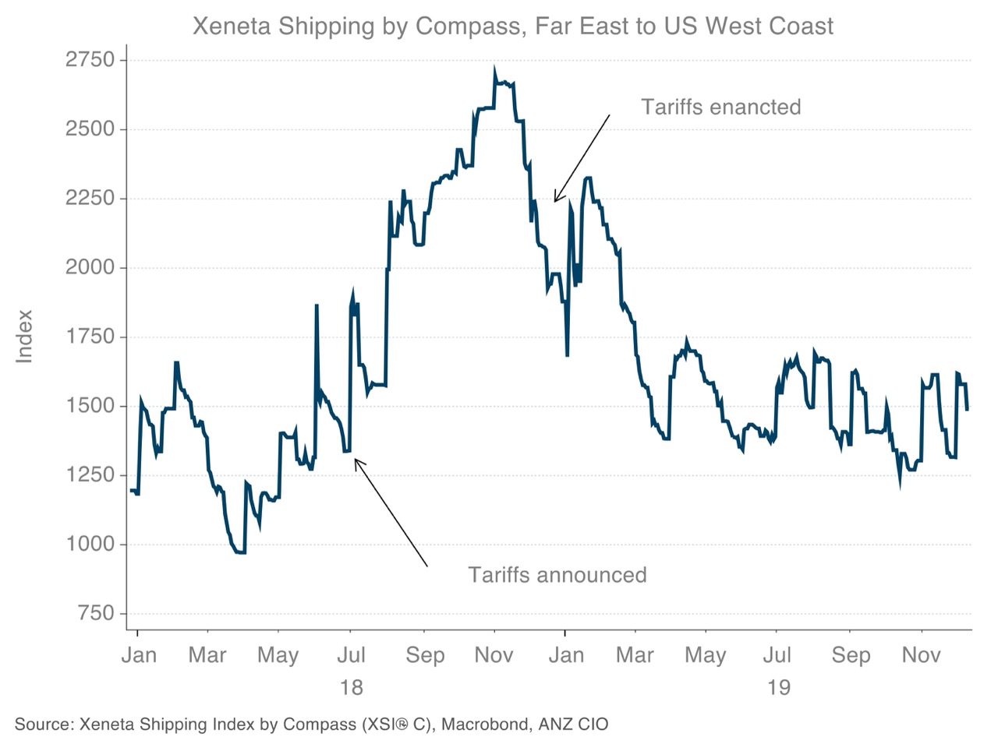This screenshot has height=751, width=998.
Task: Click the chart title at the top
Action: tap(512, 26)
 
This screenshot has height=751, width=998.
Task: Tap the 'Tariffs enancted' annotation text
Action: tap(720, 107)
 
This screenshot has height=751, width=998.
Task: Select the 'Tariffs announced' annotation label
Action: tap(557, 575)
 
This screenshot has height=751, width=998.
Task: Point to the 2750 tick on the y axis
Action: tap(90, 60)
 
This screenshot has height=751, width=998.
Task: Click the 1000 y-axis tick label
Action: tap(90, 545)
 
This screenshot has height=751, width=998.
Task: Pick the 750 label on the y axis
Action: tap(96, 614)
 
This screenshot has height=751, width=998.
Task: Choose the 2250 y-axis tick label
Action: tap(90, 199)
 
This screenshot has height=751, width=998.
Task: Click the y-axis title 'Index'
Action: tap(25, 337)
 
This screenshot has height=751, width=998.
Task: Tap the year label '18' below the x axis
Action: tap(351, 687)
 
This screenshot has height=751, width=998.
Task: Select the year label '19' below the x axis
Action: tap(778, 687)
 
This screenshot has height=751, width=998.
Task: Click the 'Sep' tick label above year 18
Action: tap(424, 655)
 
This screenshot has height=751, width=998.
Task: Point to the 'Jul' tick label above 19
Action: tap(777, 655)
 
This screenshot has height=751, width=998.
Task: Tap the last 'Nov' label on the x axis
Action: tap(921, 655)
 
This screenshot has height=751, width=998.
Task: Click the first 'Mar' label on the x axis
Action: tap(207, 655)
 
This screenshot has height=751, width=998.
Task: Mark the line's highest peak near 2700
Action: tap(494, 69)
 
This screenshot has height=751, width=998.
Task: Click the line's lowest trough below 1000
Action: tap(239, 552)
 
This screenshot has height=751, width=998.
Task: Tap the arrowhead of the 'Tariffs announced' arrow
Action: tap(356, 460)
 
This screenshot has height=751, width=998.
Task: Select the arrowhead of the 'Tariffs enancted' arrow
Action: tap(554, 201)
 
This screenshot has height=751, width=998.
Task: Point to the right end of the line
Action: tap(968, 409)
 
